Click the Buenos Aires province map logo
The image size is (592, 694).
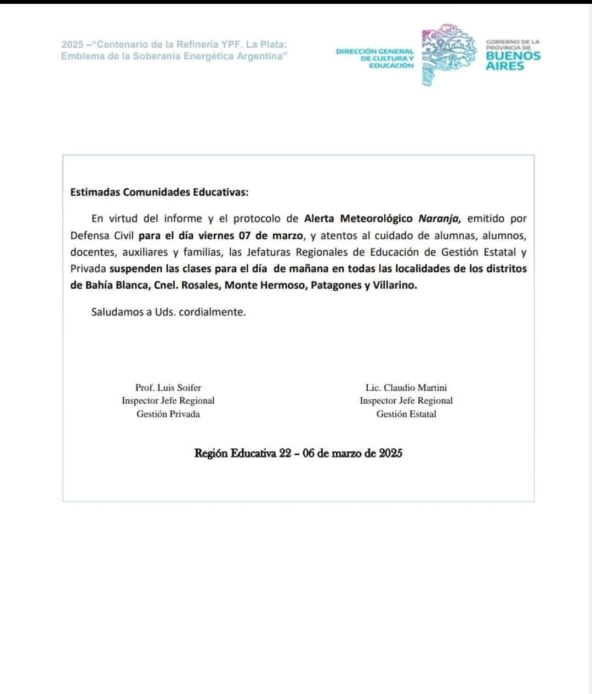click(x=447, y=55)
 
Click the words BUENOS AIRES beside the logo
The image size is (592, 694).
click(x=513, y=60)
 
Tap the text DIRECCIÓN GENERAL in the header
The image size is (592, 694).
click(x=375, y=51)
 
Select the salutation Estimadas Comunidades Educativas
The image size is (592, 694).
click(x=159, y=192)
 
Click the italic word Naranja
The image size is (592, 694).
click(x=439, y=218)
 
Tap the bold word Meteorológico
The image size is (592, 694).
click(x=376, y=218)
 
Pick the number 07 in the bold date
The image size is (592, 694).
click(x=244, y=235)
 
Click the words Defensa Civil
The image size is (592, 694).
click(x=102, y=235)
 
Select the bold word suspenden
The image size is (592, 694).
click(x=136, y=268)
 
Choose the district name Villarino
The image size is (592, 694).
click(x=394, y=285)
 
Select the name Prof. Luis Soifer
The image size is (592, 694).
click(x=168, y=387)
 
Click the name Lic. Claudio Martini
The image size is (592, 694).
click(x=406, y=387)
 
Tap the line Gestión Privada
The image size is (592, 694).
click(x=168, y=414)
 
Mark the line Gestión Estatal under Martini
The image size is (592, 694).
click(x=406, y=414)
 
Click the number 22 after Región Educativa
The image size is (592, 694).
click(x=285, y=453)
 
